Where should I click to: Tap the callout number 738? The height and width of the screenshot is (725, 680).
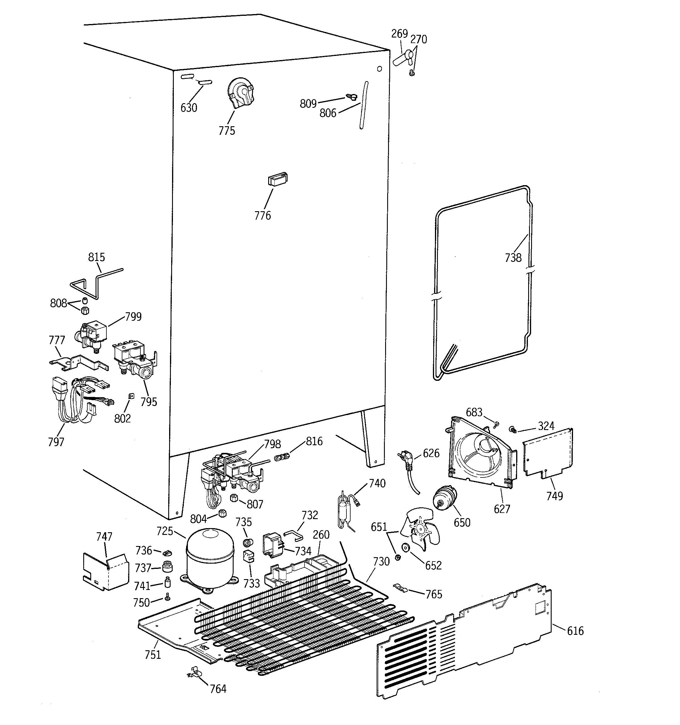[x=513, y=258]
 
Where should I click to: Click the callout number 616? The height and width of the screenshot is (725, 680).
[x=575, y=631]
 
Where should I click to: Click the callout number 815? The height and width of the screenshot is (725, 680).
[x=96, y=257]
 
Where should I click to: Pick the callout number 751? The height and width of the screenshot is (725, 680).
[x=153, y=655]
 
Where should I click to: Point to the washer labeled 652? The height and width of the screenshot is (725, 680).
[x=405, y=548]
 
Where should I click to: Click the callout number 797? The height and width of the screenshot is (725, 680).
[x=56, y=442]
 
